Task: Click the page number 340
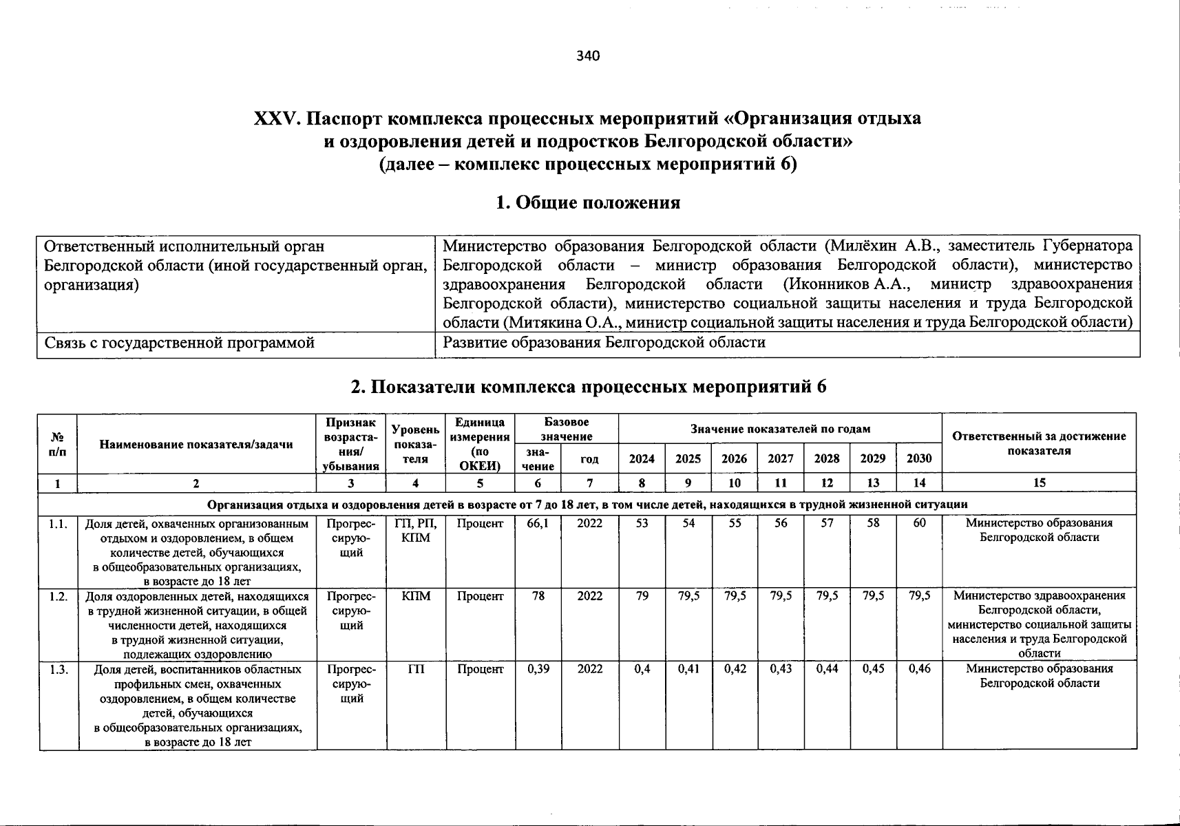click(589, 56)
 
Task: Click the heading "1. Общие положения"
click(588, 202)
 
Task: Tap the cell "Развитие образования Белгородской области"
click(604, 343)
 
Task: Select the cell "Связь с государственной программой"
click(179, 343)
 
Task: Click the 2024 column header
click(642, 458)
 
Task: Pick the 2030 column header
click(919, 458)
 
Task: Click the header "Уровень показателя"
click(415, 444)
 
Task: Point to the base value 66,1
click(538, 523)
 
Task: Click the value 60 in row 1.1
click(919, 523)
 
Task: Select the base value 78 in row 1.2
click(538, 596)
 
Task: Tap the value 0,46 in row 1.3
click(919, 669)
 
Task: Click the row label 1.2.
click(59, 596)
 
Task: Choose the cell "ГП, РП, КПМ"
click(415, 530)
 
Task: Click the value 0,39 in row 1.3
click(538, 669)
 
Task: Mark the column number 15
click(1039, 483)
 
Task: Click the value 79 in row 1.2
click(642, 596)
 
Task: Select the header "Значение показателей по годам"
click(780, 429)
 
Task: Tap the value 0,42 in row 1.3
click(735, 669)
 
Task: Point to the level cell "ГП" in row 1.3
click(415, 669)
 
